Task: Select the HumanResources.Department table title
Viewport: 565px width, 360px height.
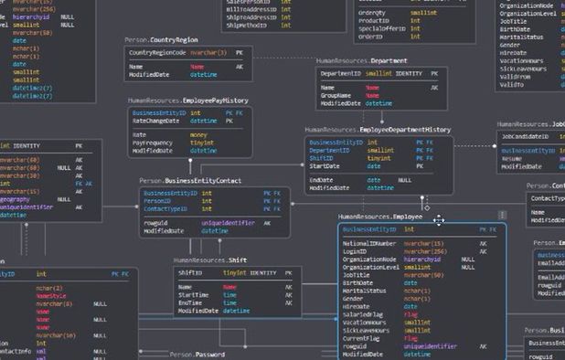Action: pyautogui.click(x=362, y=60)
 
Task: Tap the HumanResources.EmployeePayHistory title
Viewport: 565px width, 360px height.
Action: pyautogui.click(x=188, y=100)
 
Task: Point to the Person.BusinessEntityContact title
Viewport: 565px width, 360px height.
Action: pyautogui.click(x=190, y=181)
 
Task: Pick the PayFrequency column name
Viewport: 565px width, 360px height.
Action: pyautogui.click(x=152, y=143)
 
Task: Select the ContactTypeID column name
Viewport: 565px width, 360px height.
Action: pyautogui.click(x=163, y=209)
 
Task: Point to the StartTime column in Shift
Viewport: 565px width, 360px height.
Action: pyautogui.click(x=193, y=295)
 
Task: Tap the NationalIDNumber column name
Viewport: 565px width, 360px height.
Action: pyautogui.click(x=369, y=244)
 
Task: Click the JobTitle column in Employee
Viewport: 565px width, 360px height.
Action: pyautogui.click(x=357, y=274)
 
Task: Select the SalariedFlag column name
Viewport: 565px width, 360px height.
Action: pyautogui.click(x=362, y=313)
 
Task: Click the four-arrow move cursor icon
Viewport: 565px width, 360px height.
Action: pyautogui.click(x=439, y=219)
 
